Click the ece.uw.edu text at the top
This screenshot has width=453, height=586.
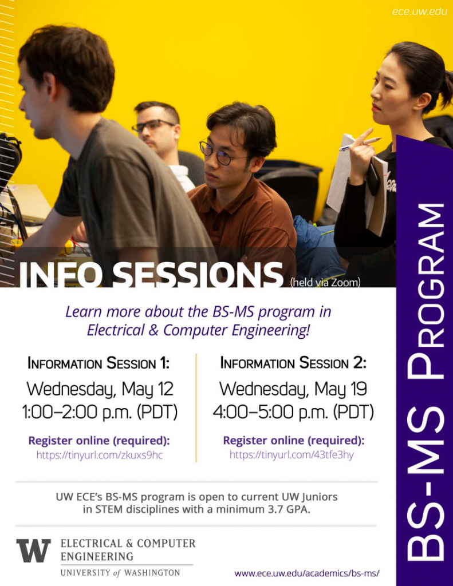(420, 11)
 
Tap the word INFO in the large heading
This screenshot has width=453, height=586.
(62, 275)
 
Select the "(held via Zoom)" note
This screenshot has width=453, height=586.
(325, 282)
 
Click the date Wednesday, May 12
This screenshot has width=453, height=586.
(100, 390)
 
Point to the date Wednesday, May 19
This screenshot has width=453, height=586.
(293, 390)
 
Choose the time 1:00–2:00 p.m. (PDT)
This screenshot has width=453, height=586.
(100, 413)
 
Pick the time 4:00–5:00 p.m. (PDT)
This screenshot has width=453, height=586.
(293, 413)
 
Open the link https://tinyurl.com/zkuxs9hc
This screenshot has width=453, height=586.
(100, 456)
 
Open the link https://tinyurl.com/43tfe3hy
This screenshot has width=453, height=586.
(292, 456)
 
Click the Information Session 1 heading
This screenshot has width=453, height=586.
(99, 363)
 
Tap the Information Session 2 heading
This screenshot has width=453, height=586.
(293, 363)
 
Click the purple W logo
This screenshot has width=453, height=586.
(33, 551)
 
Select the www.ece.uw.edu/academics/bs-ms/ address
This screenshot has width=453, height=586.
(307, 573)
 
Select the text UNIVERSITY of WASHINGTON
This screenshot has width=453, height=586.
(120, 572)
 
